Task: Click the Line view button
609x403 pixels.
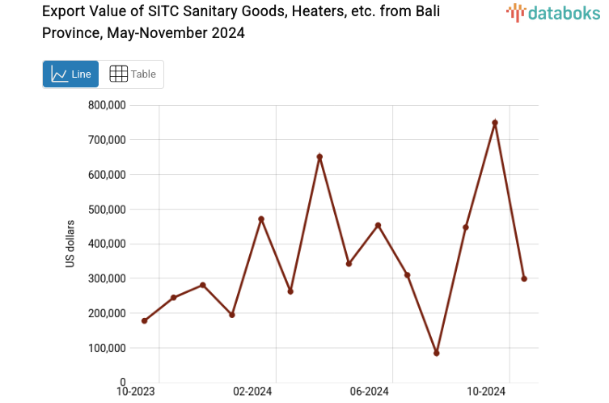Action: pos(70,74)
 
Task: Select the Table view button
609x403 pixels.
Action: pos(132,74)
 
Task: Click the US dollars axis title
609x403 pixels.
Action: pos(70,244)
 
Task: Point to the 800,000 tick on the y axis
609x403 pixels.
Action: pos(108,105)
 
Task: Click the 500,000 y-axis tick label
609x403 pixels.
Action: pos(108,210)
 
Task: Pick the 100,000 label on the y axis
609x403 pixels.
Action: pos(108,348)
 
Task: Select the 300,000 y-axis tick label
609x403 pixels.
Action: pos(108,278)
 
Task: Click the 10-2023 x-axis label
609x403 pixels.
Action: pos(136,392)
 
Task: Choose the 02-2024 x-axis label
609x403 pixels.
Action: pos(253,392)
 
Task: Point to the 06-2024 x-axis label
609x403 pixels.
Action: pos(370,392)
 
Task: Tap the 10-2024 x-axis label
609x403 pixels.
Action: pos(487,392)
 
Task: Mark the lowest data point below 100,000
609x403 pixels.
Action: pos(437,354)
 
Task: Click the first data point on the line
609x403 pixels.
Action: pos(144,321)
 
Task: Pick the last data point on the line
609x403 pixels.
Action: pos(524,278)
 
